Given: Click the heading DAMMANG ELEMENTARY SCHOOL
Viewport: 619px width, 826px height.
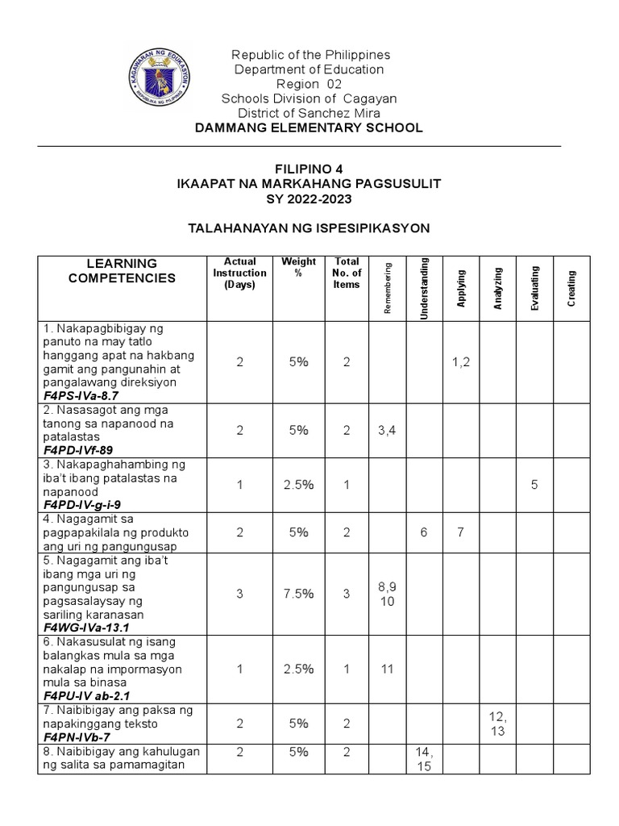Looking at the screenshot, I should [x=309, y=127].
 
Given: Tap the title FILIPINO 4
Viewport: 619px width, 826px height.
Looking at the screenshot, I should [x=309, y=169].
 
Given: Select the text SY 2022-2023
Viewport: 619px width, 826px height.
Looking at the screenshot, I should [x=309, y=198].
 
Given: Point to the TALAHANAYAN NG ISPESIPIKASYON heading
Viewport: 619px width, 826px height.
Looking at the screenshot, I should [x=309, y=228].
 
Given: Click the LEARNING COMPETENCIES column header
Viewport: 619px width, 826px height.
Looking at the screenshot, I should [x=121, y=271].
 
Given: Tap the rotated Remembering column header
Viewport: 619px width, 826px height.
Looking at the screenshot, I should [x=388, y=288].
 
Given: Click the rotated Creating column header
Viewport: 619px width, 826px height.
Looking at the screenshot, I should [x=571, y=288].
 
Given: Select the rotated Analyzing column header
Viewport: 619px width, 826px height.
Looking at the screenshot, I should [x=498, y=288].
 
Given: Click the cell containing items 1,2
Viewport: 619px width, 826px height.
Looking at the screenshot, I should [x=461, y=363].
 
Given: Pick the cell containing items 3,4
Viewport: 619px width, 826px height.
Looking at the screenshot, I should [x=387, y=431].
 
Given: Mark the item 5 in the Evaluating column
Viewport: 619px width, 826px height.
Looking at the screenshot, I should [x=534, y=485].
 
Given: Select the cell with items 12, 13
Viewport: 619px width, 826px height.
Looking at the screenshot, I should [x=497, y=724].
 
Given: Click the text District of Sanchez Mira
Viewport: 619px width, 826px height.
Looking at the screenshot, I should [x=309, y=113].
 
